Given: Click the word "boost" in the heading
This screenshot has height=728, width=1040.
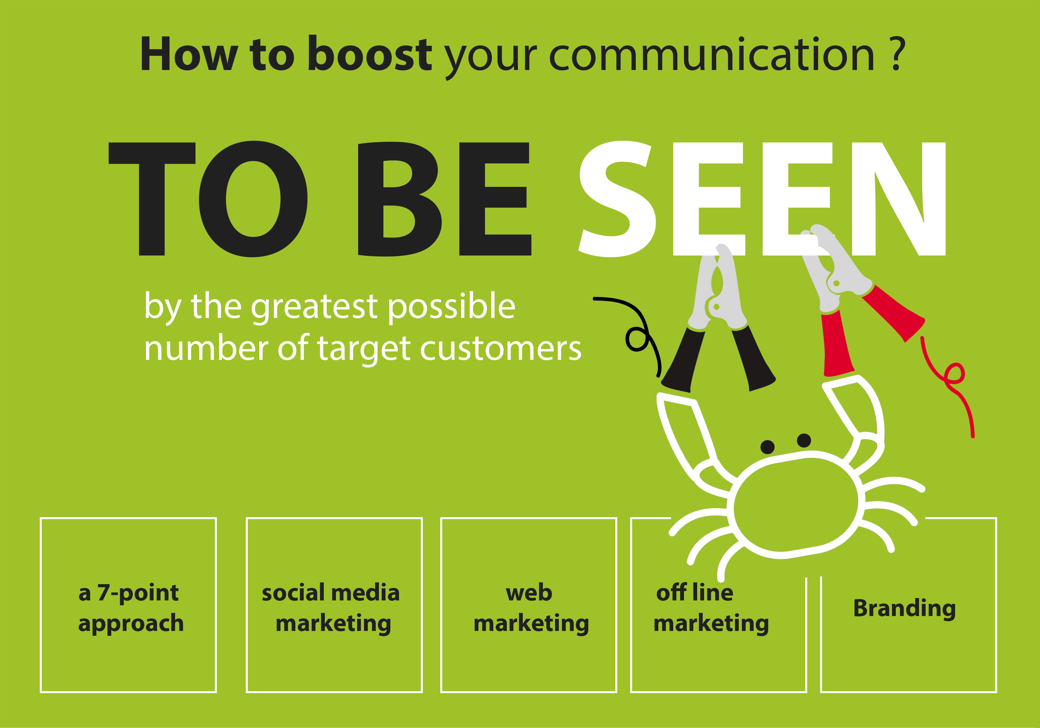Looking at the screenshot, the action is [369, 54].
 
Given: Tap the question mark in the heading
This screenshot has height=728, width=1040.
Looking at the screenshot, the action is [898, 54].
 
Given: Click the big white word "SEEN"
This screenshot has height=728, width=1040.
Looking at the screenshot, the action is [762, 199].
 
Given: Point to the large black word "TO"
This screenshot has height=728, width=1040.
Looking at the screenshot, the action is [208, 199].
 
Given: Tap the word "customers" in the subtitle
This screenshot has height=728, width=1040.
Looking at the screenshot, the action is [501, 349].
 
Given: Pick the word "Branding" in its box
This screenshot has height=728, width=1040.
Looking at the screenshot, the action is [904, 608].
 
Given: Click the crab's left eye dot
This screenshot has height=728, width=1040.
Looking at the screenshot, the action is [767, 447].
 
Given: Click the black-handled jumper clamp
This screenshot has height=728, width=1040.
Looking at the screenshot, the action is [718, 317].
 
